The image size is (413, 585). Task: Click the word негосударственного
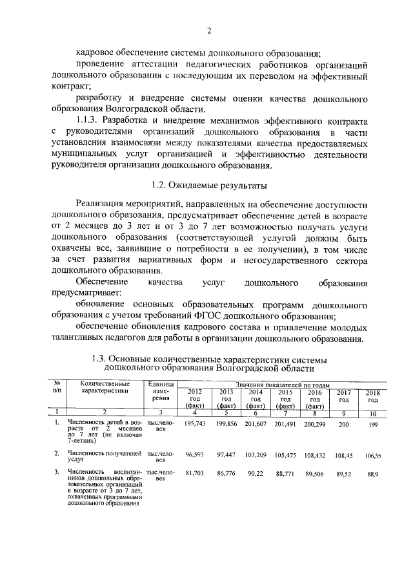pos(283,260)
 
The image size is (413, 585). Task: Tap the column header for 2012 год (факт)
pos(194,398)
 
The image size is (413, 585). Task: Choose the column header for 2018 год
pos(372,396)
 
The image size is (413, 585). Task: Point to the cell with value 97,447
pos(225,454)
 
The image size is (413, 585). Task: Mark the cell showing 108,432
pos(314,454)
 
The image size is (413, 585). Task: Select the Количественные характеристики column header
pos(105,388)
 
